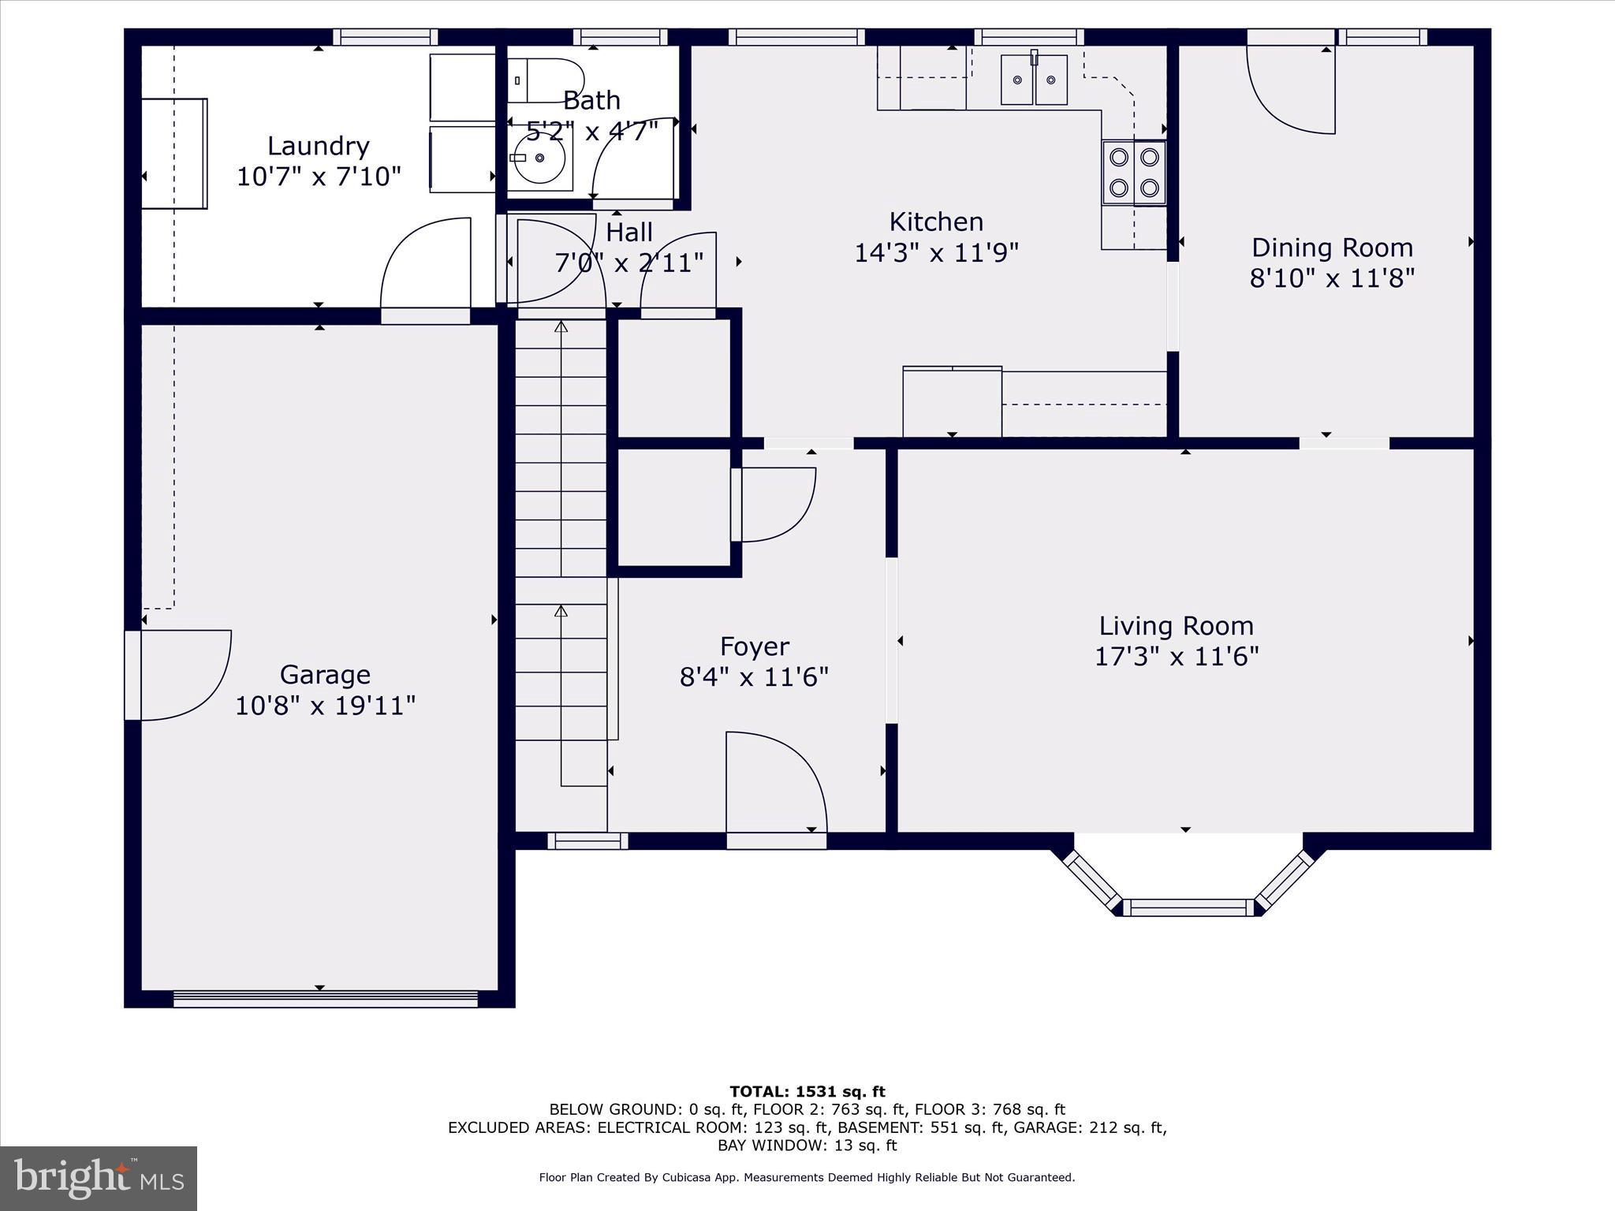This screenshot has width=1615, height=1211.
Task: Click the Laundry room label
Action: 318,146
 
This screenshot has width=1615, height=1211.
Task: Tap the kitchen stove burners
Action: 1134,173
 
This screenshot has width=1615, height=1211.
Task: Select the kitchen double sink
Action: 1034,80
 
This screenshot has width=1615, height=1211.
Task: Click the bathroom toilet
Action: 546,80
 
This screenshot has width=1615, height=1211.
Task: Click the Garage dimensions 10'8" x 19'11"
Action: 325,705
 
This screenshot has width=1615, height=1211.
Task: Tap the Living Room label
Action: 1176,626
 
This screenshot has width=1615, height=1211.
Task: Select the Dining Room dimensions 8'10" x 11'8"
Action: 1332,278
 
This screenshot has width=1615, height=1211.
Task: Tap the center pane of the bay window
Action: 1188,908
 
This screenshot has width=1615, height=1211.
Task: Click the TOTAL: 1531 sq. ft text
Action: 807,1092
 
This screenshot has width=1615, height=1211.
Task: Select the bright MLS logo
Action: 99,1179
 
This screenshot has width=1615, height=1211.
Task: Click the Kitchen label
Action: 936,222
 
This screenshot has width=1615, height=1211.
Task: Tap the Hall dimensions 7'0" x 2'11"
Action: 628,263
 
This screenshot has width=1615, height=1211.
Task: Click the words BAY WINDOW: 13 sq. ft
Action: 807,1146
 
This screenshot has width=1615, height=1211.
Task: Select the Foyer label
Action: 754,646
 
